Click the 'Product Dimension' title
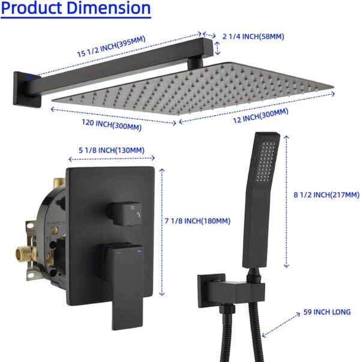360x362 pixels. click(x=75, y=9)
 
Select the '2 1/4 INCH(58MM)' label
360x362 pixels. click(x=253, y=37)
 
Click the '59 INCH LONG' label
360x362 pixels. click(x=328, y=312)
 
